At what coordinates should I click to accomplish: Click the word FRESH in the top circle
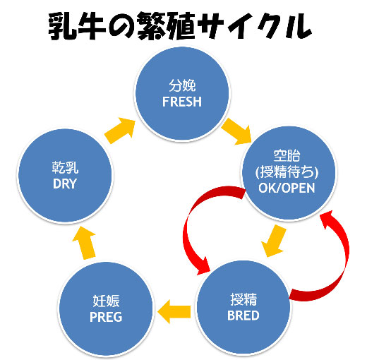coord(182,102)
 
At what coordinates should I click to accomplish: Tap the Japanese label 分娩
coord(182,85)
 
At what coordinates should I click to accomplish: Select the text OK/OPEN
coord(287,188)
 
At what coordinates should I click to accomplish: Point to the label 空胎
coord(287,155)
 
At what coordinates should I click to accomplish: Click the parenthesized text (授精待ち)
coord(287,172)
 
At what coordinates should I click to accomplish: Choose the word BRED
coord(243,316)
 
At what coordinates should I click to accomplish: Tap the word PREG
coord(106,317)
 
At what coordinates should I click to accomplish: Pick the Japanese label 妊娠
coord(106,301)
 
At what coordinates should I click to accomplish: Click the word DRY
coord(65,184)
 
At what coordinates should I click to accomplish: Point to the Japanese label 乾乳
coord(65,167)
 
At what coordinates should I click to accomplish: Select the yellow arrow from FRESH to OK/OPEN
coord(236,131)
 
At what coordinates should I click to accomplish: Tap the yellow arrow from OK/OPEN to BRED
coord(274,241)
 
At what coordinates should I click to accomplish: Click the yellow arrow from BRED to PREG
coord(174,311)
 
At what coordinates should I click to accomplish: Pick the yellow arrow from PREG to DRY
coord(85,243)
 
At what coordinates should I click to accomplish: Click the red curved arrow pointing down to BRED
coord(189,226)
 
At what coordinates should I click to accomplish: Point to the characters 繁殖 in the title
coord(166,26)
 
